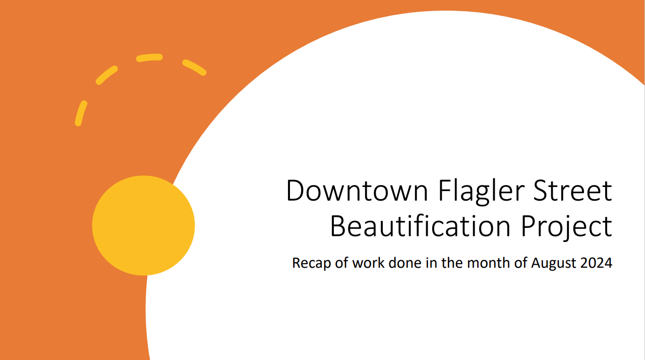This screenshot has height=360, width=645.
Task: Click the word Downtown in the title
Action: [357, 191]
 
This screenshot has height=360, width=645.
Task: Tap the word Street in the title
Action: [572, 191]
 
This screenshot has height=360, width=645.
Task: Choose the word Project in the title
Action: [567, 228]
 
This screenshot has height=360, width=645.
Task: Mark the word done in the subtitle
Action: [405, 263]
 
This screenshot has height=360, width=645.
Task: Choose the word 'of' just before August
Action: [520, 263]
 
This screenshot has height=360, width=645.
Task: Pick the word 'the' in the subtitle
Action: [452, 263]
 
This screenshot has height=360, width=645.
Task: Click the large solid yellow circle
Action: [143, 225]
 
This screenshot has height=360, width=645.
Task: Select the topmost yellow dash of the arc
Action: [149, 57]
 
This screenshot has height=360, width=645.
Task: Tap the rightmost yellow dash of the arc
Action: [194, 68]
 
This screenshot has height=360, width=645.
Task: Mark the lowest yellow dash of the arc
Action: [81, 113]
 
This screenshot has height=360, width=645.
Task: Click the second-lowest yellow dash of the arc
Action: [107, 75]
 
